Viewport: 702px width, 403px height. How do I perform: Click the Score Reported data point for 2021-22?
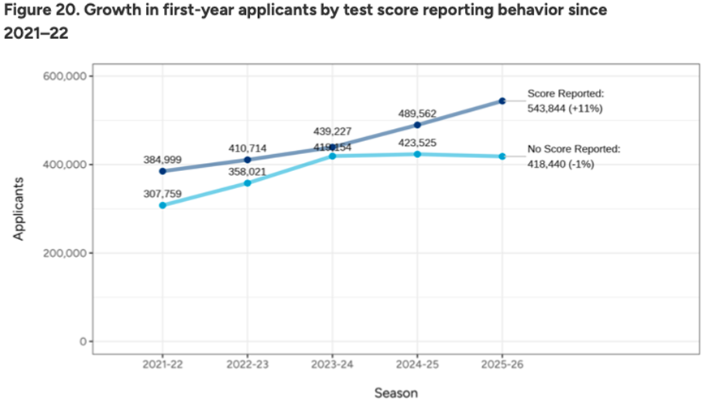click(x=162, y=171)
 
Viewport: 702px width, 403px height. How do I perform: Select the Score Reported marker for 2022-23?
click(x=248, y=160)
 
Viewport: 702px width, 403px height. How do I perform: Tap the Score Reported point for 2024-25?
click(x=417, y=125)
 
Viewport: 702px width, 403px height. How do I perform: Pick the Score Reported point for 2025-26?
click(x=502, y=101)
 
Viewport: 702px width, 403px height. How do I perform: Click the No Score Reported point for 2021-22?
click(x=162, y=205)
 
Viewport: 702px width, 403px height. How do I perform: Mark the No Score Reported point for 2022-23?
click(x=248, y=183)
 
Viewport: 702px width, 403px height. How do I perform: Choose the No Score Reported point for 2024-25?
click(x=417, y=154)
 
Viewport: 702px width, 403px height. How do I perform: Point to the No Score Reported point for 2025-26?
click(x=502, y=156)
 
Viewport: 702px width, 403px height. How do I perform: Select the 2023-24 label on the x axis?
click(x=333, y=366)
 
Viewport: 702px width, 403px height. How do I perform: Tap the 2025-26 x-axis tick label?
click(x=502, y=366)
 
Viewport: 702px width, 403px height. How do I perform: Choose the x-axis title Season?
click(x=396, y=393)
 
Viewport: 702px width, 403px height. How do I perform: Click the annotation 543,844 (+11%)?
click(x=565, y=107)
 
